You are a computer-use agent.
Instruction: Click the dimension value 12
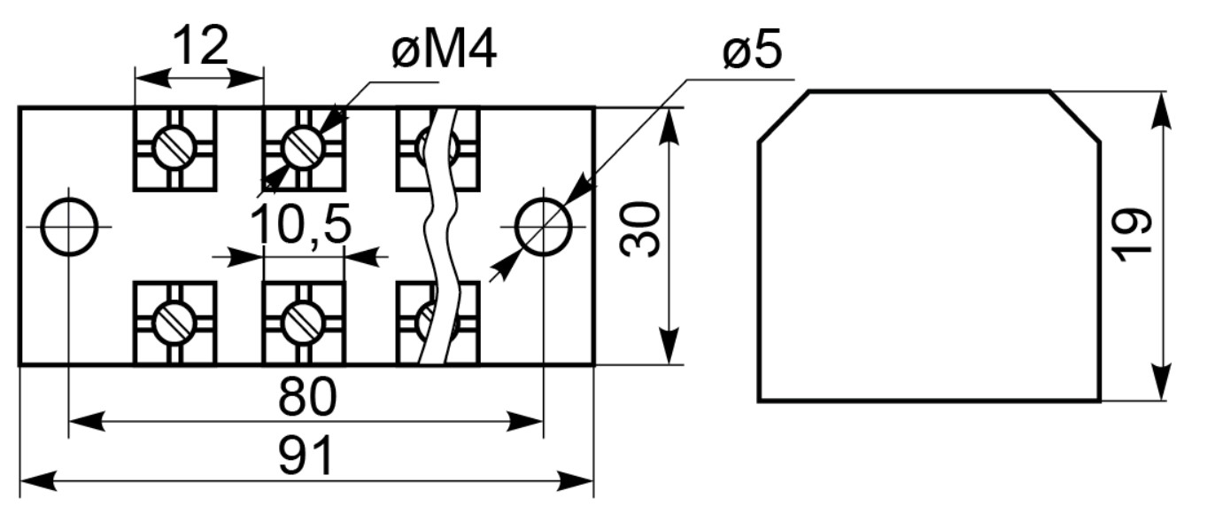[x=201, y=45]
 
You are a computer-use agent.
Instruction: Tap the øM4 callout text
[x=444, y=51]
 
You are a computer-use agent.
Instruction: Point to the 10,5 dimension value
[x=301, y=224]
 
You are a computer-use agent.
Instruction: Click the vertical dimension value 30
[x=639, y=229]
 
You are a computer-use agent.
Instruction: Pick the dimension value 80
[x=307, y=397]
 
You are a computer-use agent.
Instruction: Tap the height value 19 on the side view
[x=1133, y=236]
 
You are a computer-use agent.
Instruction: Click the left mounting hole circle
[x=69, y=227]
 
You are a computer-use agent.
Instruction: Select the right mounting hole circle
[x=543, y=227]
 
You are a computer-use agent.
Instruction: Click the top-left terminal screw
[x=174, y=147]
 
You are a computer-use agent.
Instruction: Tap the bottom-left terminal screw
[x=174, y=322]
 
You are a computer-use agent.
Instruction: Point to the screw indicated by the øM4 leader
[x=303, y=147]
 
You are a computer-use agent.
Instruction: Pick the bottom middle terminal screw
[x=303, y=322]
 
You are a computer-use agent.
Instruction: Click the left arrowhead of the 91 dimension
[x=38, y=480]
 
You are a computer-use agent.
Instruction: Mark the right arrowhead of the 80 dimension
[x=524, y=421]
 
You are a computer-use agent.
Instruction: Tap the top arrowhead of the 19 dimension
[x=1161, y=111]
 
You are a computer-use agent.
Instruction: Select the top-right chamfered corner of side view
[x=1075, y=117]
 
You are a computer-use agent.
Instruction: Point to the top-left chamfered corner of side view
[x=784, y=117]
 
